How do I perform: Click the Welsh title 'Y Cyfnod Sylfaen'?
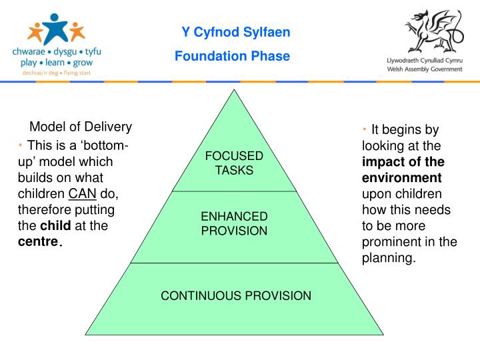236,32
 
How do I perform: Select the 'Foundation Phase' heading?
232,56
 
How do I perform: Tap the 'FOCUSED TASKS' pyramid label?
234,163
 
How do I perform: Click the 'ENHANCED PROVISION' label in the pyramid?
234,224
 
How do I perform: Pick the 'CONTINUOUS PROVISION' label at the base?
236,295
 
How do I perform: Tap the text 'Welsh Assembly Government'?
425,69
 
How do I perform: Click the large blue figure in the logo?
56,27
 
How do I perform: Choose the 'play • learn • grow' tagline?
56,62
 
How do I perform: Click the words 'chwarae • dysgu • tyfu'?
56,51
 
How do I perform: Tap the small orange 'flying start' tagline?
56,73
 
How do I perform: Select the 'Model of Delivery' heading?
81,127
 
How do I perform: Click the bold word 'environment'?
401,178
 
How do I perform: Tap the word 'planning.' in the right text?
389,258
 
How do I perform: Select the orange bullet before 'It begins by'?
365,129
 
